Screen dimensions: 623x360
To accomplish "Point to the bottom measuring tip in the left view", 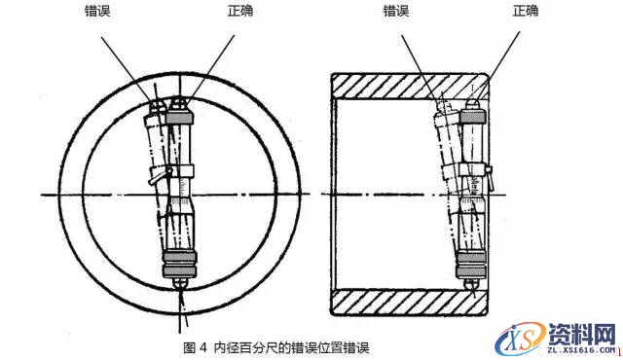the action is click(181, 281).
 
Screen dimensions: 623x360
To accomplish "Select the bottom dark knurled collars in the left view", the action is click(180, 260).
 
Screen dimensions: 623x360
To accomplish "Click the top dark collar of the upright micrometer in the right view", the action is click(475, 117).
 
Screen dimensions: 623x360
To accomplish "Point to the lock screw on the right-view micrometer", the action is click(490, 175).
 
